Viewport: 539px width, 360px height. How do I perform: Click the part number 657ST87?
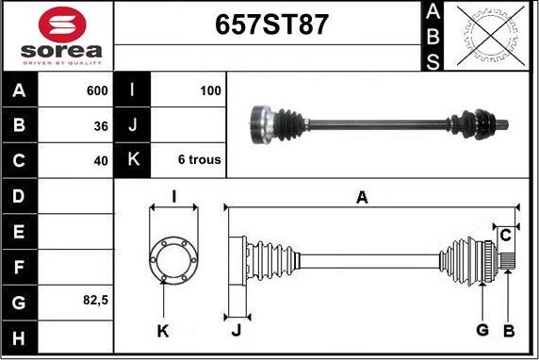click(x=271, y=25)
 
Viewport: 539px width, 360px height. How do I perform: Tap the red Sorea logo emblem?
click(x=62, y=25)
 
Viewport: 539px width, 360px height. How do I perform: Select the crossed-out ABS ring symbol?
click(x=491, y=36)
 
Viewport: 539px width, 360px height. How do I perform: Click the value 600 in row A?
click(x=97, y=90)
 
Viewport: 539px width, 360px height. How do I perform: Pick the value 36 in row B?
click(x=101, y=126)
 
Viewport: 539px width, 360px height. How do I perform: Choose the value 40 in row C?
click(x=101, y=160)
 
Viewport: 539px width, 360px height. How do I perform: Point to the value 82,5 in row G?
click(x=95, y=301)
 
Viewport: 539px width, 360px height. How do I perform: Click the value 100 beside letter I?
click(x=210, y=90)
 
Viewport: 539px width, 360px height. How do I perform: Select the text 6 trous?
click(x=200, y=159)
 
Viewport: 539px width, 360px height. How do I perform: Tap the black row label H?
click(x=19, y=338)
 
